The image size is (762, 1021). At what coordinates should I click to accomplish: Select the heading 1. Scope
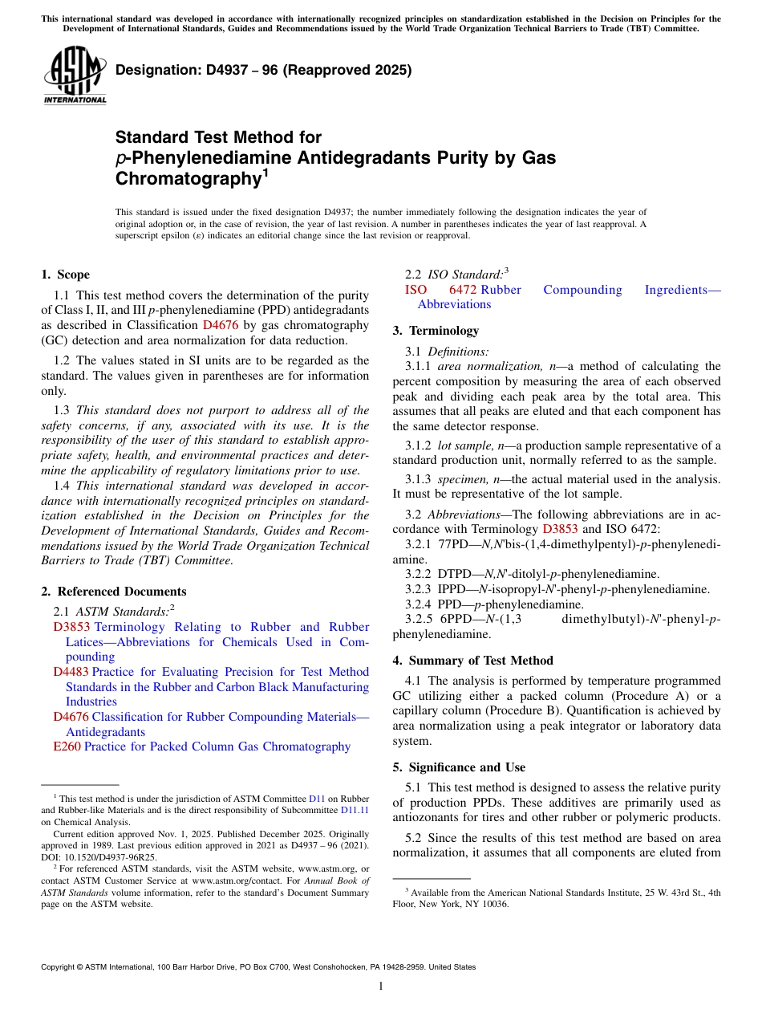tap(65, 275)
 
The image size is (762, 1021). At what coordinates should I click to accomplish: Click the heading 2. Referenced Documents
tap(114, 592)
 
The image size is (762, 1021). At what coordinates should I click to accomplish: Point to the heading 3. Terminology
tap(436, 331)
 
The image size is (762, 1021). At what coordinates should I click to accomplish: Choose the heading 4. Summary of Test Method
tap(472, 661)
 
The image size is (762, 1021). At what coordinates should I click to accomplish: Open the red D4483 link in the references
tap(71, 672)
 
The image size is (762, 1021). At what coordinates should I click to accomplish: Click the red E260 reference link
tap(67, 746)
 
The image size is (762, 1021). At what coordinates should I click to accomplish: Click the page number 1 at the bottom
tap(381, 986)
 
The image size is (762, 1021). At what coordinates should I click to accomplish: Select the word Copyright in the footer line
tap(59, 967)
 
